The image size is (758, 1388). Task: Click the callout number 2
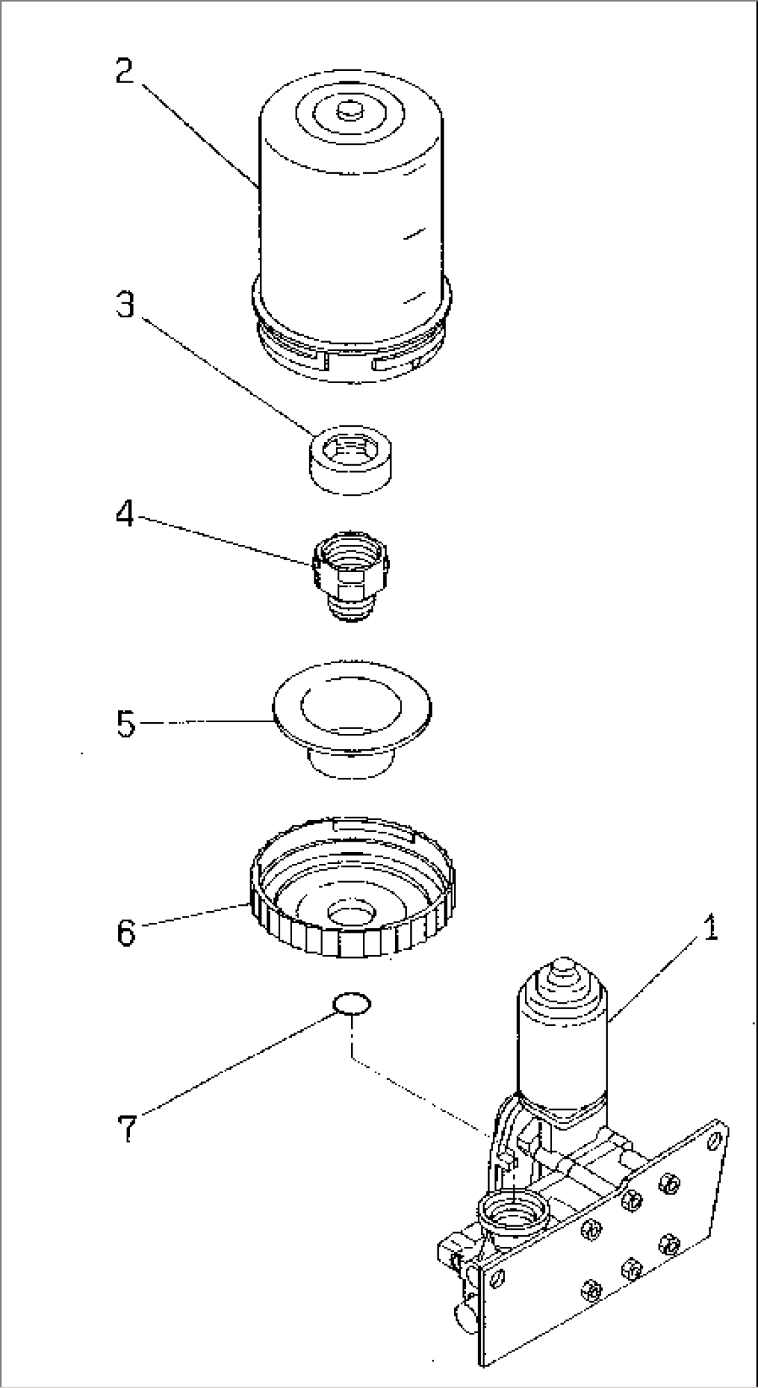(125, 71)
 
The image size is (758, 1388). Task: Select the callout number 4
(125, 515)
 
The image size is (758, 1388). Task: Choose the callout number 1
(709, 929)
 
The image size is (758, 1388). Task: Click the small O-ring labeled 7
(352, 1004)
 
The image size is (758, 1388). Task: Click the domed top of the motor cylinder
(562, 970)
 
